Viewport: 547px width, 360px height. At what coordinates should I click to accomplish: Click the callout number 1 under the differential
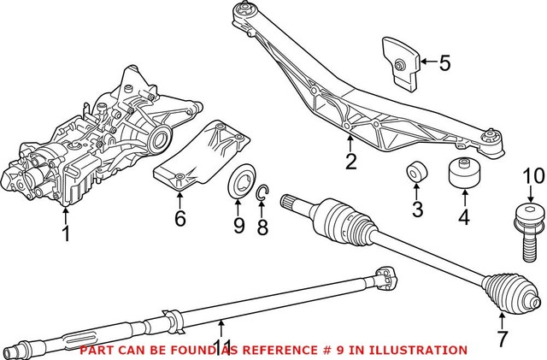click(67, 232)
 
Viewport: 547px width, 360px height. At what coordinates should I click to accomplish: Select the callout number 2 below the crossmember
click(351, 161)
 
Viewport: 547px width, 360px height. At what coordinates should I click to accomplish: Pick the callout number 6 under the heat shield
click(179, 219)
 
